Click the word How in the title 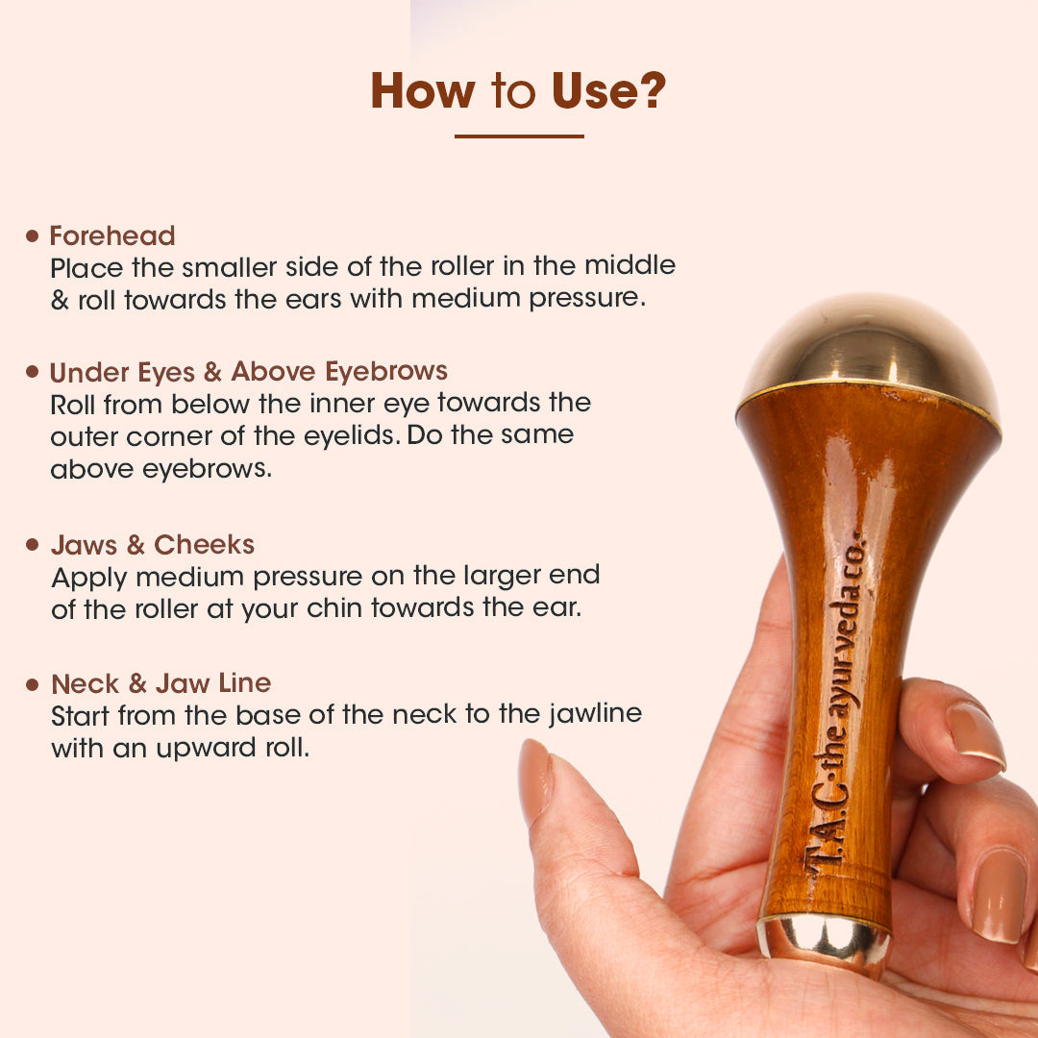click(x=422, y=90)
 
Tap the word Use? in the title click(x=608, y=90)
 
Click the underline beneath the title click(x=519, y=136)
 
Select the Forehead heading click(x=112, y=235)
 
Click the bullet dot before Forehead click(x=32, y=235)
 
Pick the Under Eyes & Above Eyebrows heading click(x=249, y=371)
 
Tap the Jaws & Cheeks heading click(x=153, y=545)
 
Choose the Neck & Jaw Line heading click(x=161, y=683)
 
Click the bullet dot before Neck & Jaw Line click(x=32, y=684)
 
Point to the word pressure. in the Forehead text click(x=587, y=298)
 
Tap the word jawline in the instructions click(x=595, y=714)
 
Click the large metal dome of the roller click(x=869, y=351)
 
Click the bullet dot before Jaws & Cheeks click(x=32, y=545)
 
